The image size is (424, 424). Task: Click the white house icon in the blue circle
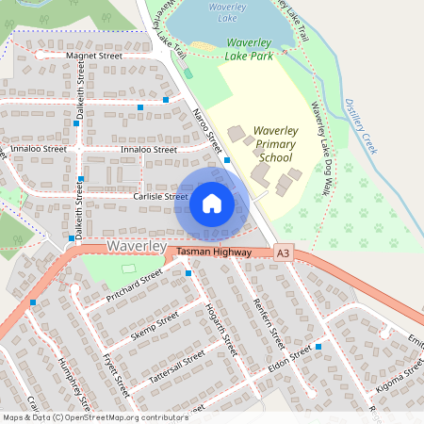212,204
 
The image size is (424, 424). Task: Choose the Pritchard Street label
135,284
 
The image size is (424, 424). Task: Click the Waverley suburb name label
137,246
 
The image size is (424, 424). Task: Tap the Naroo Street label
206,131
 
